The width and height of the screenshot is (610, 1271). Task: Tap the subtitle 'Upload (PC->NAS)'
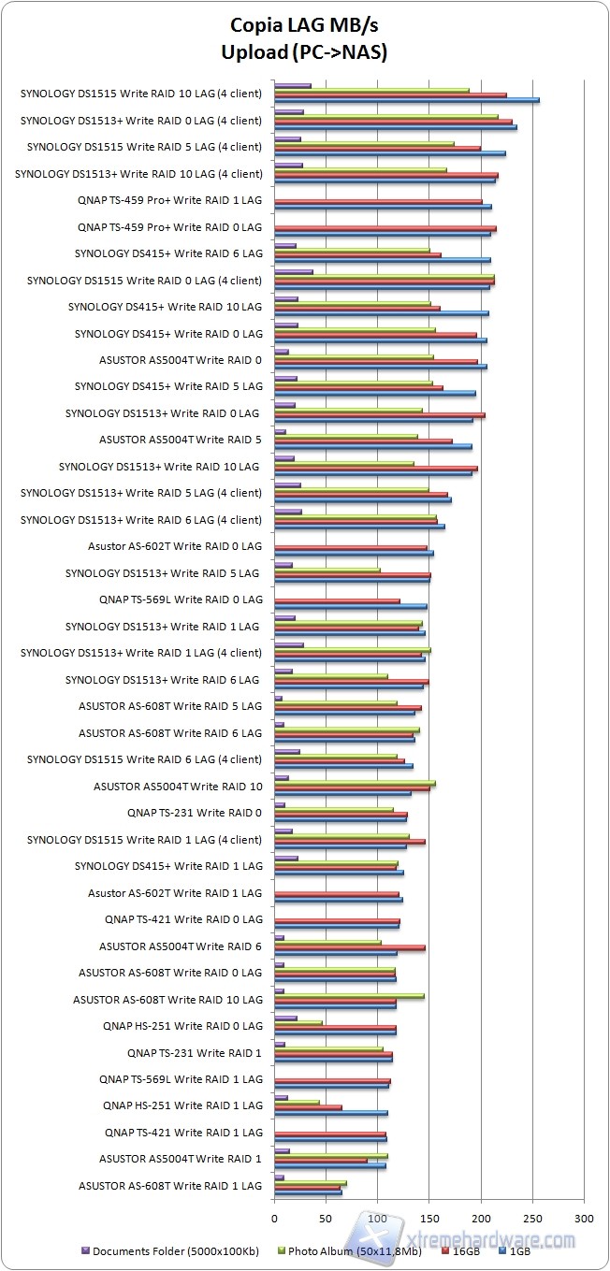(x=304, y=53)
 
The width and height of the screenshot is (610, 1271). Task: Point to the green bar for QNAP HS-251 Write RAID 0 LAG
(x=298, y=1022)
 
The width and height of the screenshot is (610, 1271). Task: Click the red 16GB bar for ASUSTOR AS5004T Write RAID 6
(x=350, y=947)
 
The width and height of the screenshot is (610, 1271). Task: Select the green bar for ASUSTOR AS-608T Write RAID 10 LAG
(x=349, y=996)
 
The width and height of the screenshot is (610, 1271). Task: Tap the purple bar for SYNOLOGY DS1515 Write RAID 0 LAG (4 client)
(x=294, y=271)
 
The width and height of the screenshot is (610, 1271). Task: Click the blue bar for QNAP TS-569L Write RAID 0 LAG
(x=351, y=606)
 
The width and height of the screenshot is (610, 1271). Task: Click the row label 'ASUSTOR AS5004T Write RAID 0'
(x=181, y=360)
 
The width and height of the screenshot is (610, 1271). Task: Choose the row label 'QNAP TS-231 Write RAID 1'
(x=195, y=1053)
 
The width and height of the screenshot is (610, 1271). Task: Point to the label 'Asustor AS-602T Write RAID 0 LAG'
(x=175, y=546)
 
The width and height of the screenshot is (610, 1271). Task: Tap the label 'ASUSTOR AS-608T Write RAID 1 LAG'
(x=170, y=1186)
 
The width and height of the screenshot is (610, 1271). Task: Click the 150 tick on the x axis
(x=429, y=1219)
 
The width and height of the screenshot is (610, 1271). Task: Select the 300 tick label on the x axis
(x=584, y=1219)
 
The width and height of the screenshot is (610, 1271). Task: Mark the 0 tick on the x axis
(x=275, y=1219)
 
